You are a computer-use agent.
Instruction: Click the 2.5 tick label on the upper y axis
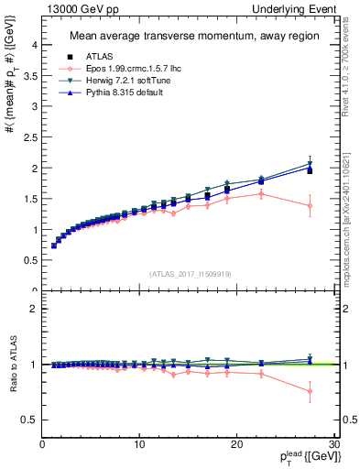pyautogui.click(x=30, y=137)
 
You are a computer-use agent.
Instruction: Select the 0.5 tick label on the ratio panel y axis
pyautogui.click(x=30, y=420)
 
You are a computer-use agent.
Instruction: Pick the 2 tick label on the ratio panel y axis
pyautogui.click(x=35, y=309)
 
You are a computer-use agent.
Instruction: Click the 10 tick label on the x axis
pyautogui.click(x=139, y=444)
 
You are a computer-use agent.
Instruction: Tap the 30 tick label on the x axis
pyautogui.click(x=334, y=444)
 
